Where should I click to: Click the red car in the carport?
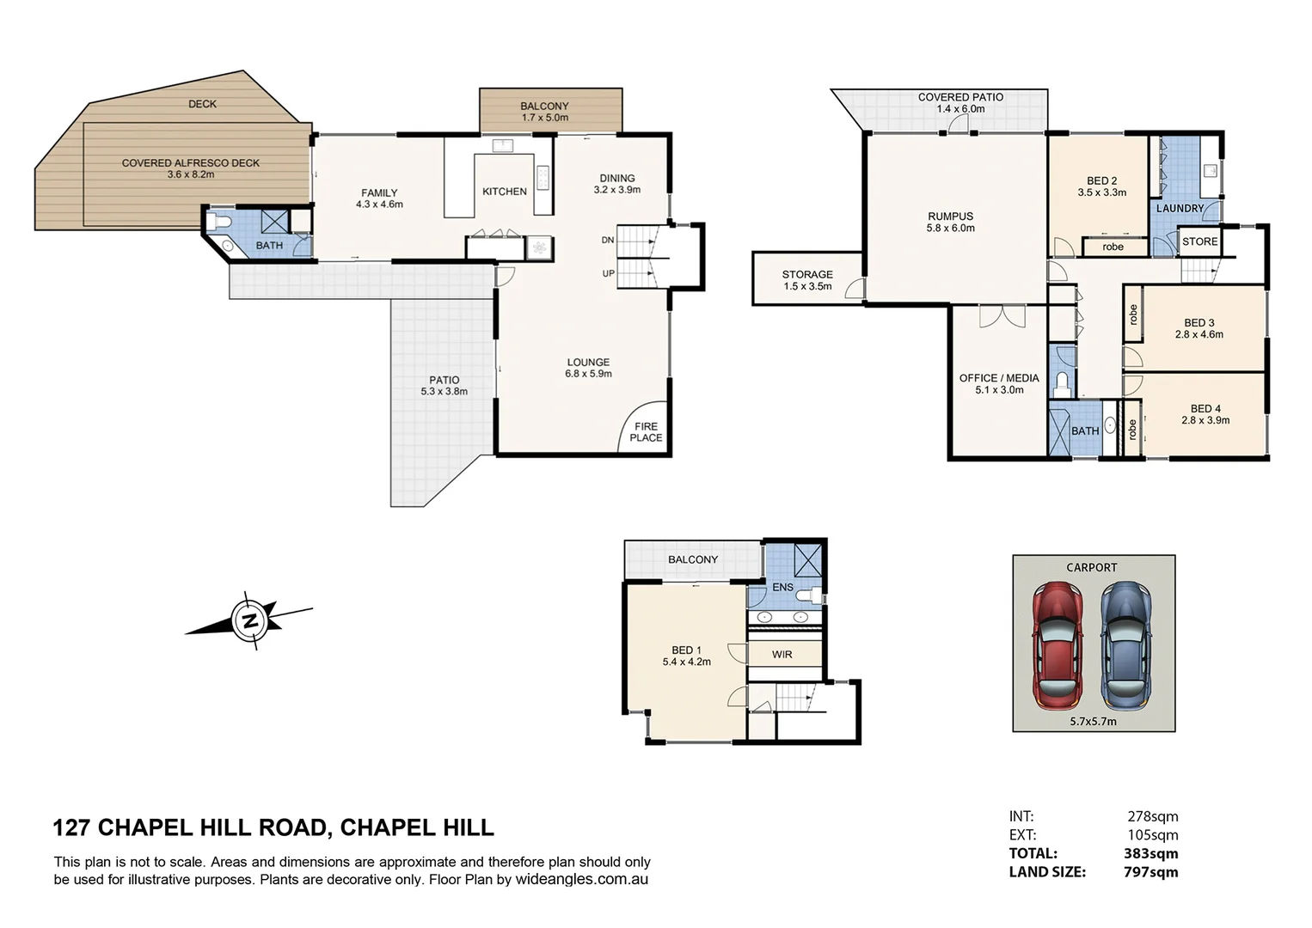[x=1057, y=643]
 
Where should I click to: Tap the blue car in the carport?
[x=1126, y=643]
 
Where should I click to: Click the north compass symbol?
[x=250, y=620]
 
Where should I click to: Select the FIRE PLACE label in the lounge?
[x=646, y=432]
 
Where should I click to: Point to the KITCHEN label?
[x=504, y=192]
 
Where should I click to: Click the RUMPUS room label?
[x=950, y=217]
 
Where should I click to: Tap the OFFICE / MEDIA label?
[x=999, y=378]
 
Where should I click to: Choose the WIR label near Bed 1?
[x=782, y=655]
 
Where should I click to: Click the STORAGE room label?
[x=807, y=275]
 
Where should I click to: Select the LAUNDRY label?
[x=1180, y=209]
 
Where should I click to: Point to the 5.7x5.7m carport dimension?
[x=1093, y=722]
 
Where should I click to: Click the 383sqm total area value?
[x=1150, y=853]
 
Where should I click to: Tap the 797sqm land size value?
[x=1150, y=872]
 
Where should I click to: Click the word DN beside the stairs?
[x=607, y=241]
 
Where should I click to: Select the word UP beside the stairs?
[x=607, y=274]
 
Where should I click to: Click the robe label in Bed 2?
[x=1113, y=247]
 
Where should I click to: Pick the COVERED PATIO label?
[x=960, y=97]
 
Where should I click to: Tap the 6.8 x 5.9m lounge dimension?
[x=588, y=374]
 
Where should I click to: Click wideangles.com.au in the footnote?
[x=581, y=880]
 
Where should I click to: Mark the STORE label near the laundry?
[x=1199, y=241]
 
